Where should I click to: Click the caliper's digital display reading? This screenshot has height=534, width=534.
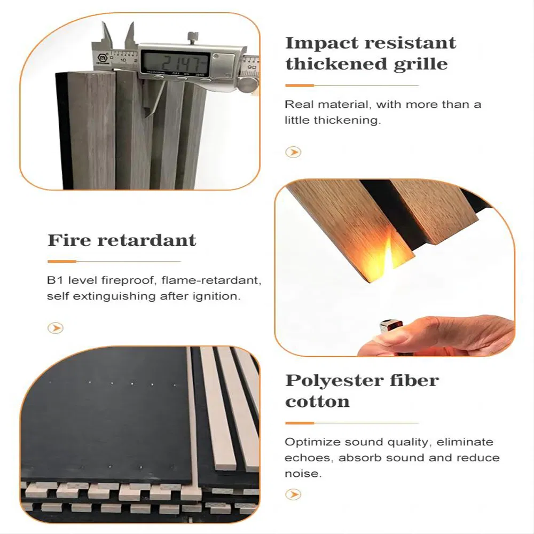tap(175, 62)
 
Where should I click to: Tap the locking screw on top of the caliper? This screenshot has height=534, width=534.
tap(192, 37)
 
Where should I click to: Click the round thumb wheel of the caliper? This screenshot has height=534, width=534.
tap(247, 85)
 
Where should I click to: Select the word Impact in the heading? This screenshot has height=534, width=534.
tap(323, 44)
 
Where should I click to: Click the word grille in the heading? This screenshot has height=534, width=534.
tap(420, 65)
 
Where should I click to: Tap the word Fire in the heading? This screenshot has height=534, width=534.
tap(69, 240)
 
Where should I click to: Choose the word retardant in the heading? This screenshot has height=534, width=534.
tap(147, 240)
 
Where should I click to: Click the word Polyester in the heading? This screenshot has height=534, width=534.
tap(334, 381)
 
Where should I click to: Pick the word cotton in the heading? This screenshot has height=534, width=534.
tap(317, 402)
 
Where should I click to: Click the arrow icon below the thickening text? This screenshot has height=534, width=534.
tap(293, 152)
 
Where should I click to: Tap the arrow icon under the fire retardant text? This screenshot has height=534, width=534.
tap(56, 328)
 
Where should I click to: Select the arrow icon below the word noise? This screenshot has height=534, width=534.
tap(293, 494)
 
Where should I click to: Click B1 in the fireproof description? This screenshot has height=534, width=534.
tap(54, 280)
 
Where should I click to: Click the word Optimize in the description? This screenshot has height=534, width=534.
tap(312, 442)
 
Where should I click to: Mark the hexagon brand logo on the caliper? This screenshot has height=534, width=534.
tap(102, 58)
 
